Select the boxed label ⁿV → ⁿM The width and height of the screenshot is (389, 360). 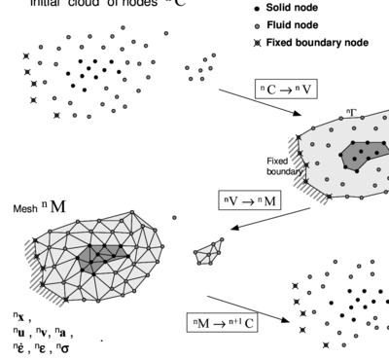click(x=251, y=201)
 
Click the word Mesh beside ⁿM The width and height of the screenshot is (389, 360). click(x=25, y=208)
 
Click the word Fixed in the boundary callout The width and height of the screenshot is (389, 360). click(x=277, y=162)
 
